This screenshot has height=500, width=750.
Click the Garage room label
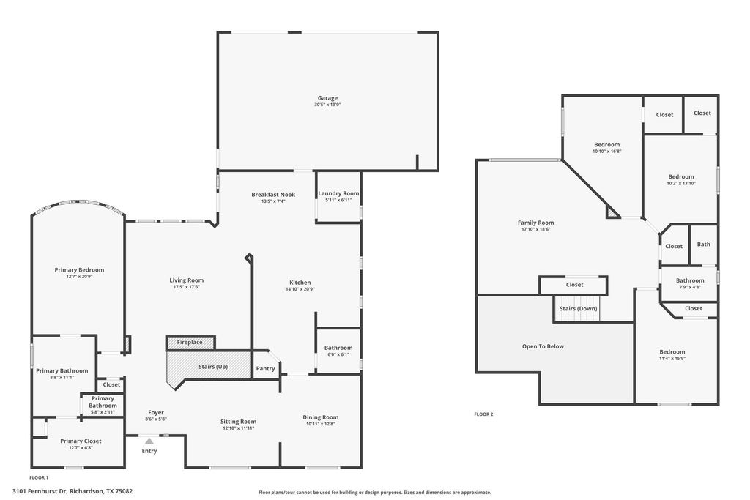[x=327, y=98]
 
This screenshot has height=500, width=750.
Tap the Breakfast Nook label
[x=273, y=195]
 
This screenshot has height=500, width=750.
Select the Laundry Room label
[x=338, y=193]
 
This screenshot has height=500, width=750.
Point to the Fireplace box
[x=190, y=343]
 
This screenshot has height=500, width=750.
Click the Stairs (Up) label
[x=213, y=367]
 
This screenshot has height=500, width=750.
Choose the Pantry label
[x=265, y=368]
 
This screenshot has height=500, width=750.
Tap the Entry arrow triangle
[x=149, y=441]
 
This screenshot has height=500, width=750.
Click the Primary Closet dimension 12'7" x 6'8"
[x=81, y=448]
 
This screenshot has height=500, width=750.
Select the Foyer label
[x=156, y=412]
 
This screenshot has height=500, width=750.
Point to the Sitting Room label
[x=238, y=421]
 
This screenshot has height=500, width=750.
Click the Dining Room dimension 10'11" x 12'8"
[x=321, y=424]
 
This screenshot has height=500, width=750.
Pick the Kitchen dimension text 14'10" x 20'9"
[x=300, y=289]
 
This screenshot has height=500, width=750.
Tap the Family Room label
[x=535, y=223]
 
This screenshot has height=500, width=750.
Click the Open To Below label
[x=543, y=346]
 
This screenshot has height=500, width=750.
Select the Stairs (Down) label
[x=579, y=308]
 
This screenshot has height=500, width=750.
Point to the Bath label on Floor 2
[x=704, y=244]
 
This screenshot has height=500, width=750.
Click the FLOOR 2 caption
[x=483, y=414]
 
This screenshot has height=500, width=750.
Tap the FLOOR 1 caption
[x=39, y=477]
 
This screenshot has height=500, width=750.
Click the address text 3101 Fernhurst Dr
[x=41, y=491]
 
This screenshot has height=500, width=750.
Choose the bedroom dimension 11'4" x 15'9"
[x=672, y=359]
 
